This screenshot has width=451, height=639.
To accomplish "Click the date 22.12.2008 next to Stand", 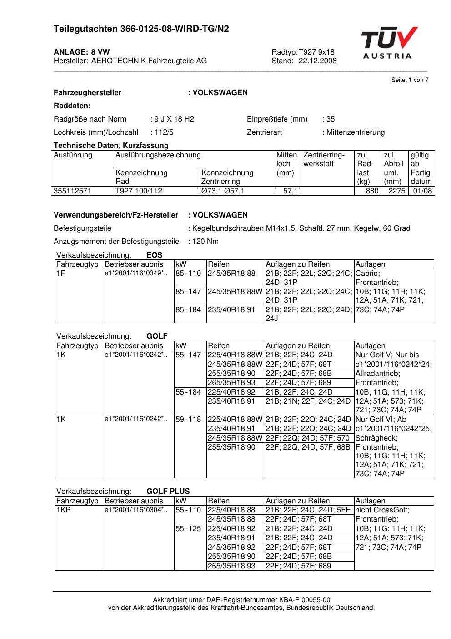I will pyautogui.click(x=317, y=61).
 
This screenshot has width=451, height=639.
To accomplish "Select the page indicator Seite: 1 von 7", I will pyautogui.click(x=410, y=80).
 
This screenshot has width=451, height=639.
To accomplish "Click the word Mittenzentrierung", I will pyautogui.click(x=355, y=132).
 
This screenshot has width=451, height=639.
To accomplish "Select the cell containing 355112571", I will pyautogui.click(x=73, y=191).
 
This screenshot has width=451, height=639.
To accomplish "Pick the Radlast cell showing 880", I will pyautogui.click(x=372, y=191).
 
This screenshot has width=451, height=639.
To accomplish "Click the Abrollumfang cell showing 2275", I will pyautogui.click(x=396, y=191).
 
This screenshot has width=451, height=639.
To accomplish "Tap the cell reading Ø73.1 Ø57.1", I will pyautogui.click(x=223, y=191).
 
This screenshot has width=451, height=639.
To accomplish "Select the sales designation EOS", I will pyautogui.click(x=155, y=255).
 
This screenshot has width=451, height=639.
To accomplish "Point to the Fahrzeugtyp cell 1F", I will pyautogui.click(x=61, y=274).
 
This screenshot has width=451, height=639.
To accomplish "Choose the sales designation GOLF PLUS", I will pyautogui.click(x=168, y=492).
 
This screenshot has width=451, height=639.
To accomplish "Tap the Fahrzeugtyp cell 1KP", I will pyautogui.click(x=64, y=510).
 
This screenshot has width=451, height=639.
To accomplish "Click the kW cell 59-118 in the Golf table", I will pyautogui.click(x=188, y=420).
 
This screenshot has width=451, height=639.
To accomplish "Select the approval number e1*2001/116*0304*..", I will pyautogui.click(x=136, y=510).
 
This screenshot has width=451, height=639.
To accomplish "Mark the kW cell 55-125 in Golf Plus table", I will pyautogui.click(x=188, y=529).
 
